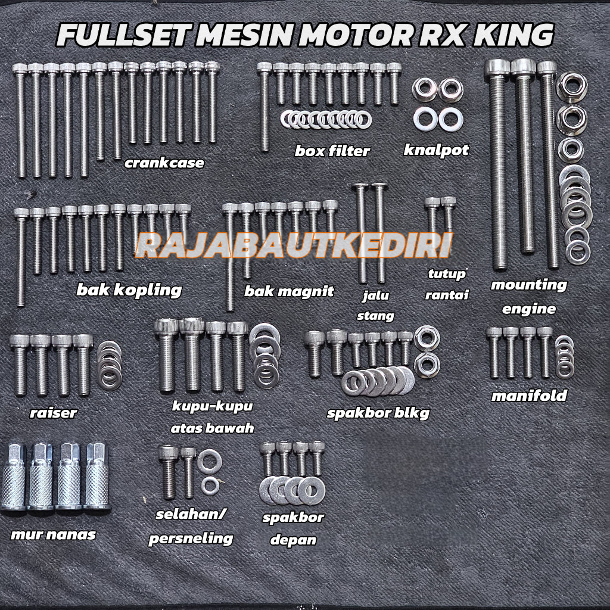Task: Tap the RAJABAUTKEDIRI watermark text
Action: (x=293, y=245)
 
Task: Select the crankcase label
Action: (x=164, y=163)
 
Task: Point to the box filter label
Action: (x=332, y=151)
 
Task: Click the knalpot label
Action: (x=436, y=150)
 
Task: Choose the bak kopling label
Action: (x=129, y=290)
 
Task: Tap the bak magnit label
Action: (x=289, y=291)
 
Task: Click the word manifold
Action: (x=529, y=396)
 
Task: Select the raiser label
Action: (x=53, y=412)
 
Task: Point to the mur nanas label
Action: (x=53, y=534)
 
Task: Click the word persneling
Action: (x=190, y=539)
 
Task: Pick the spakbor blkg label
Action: (x=378, y=413)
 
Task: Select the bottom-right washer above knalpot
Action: (x=448, y=119)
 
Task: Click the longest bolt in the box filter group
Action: (x=264, y=107)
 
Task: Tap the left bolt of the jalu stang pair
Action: (x=361, y=232)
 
